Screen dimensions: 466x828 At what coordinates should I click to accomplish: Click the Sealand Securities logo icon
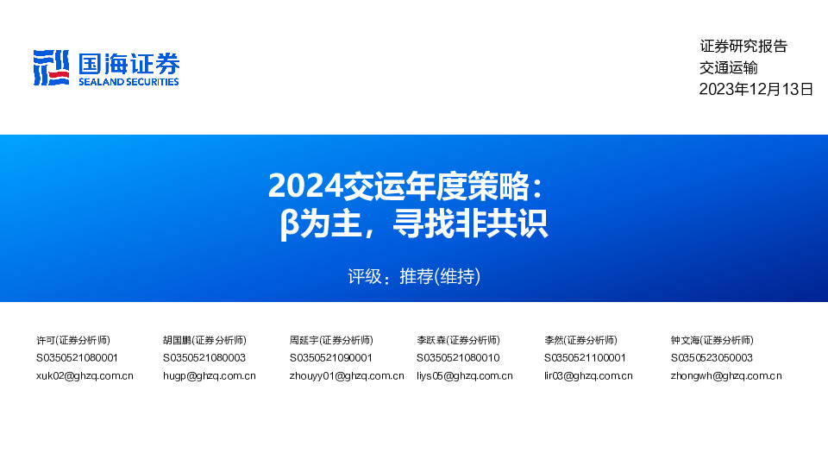pos(51,68)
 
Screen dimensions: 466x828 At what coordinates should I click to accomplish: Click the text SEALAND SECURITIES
pos(129,82)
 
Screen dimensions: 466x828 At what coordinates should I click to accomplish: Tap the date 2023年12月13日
pos(756,89)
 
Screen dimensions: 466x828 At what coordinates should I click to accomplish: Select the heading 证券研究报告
pos(743,47)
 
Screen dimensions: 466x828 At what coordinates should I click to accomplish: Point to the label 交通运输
pos(728,68)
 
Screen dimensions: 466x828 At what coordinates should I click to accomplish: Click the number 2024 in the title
pos(304,185)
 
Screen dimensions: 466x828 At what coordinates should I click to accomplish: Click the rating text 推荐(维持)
pos(440,277)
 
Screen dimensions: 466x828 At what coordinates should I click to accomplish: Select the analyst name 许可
pos(46,340)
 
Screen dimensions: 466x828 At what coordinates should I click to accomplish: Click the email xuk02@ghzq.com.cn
pos(85,375)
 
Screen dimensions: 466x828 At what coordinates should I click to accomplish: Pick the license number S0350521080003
pos(204,357)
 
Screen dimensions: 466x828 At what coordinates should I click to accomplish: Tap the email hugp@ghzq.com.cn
pos(209,375)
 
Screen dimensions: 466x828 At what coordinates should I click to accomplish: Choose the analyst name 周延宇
pos(304,340)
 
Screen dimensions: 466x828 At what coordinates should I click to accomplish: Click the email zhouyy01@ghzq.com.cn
pos(347,375)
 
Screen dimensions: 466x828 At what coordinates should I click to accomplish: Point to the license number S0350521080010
pos(458,357)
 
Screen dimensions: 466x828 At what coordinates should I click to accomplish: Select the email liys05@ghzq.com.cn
pos(465,375)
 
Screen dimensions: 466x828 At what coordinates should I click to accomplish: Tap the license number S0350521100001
pos(585,357)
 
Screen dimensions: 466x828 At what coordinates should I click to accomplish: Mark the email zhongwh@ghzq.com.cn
pos(726,375)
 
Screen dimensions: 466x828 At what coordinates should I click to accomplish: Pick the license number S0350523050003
pos(712,357)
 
